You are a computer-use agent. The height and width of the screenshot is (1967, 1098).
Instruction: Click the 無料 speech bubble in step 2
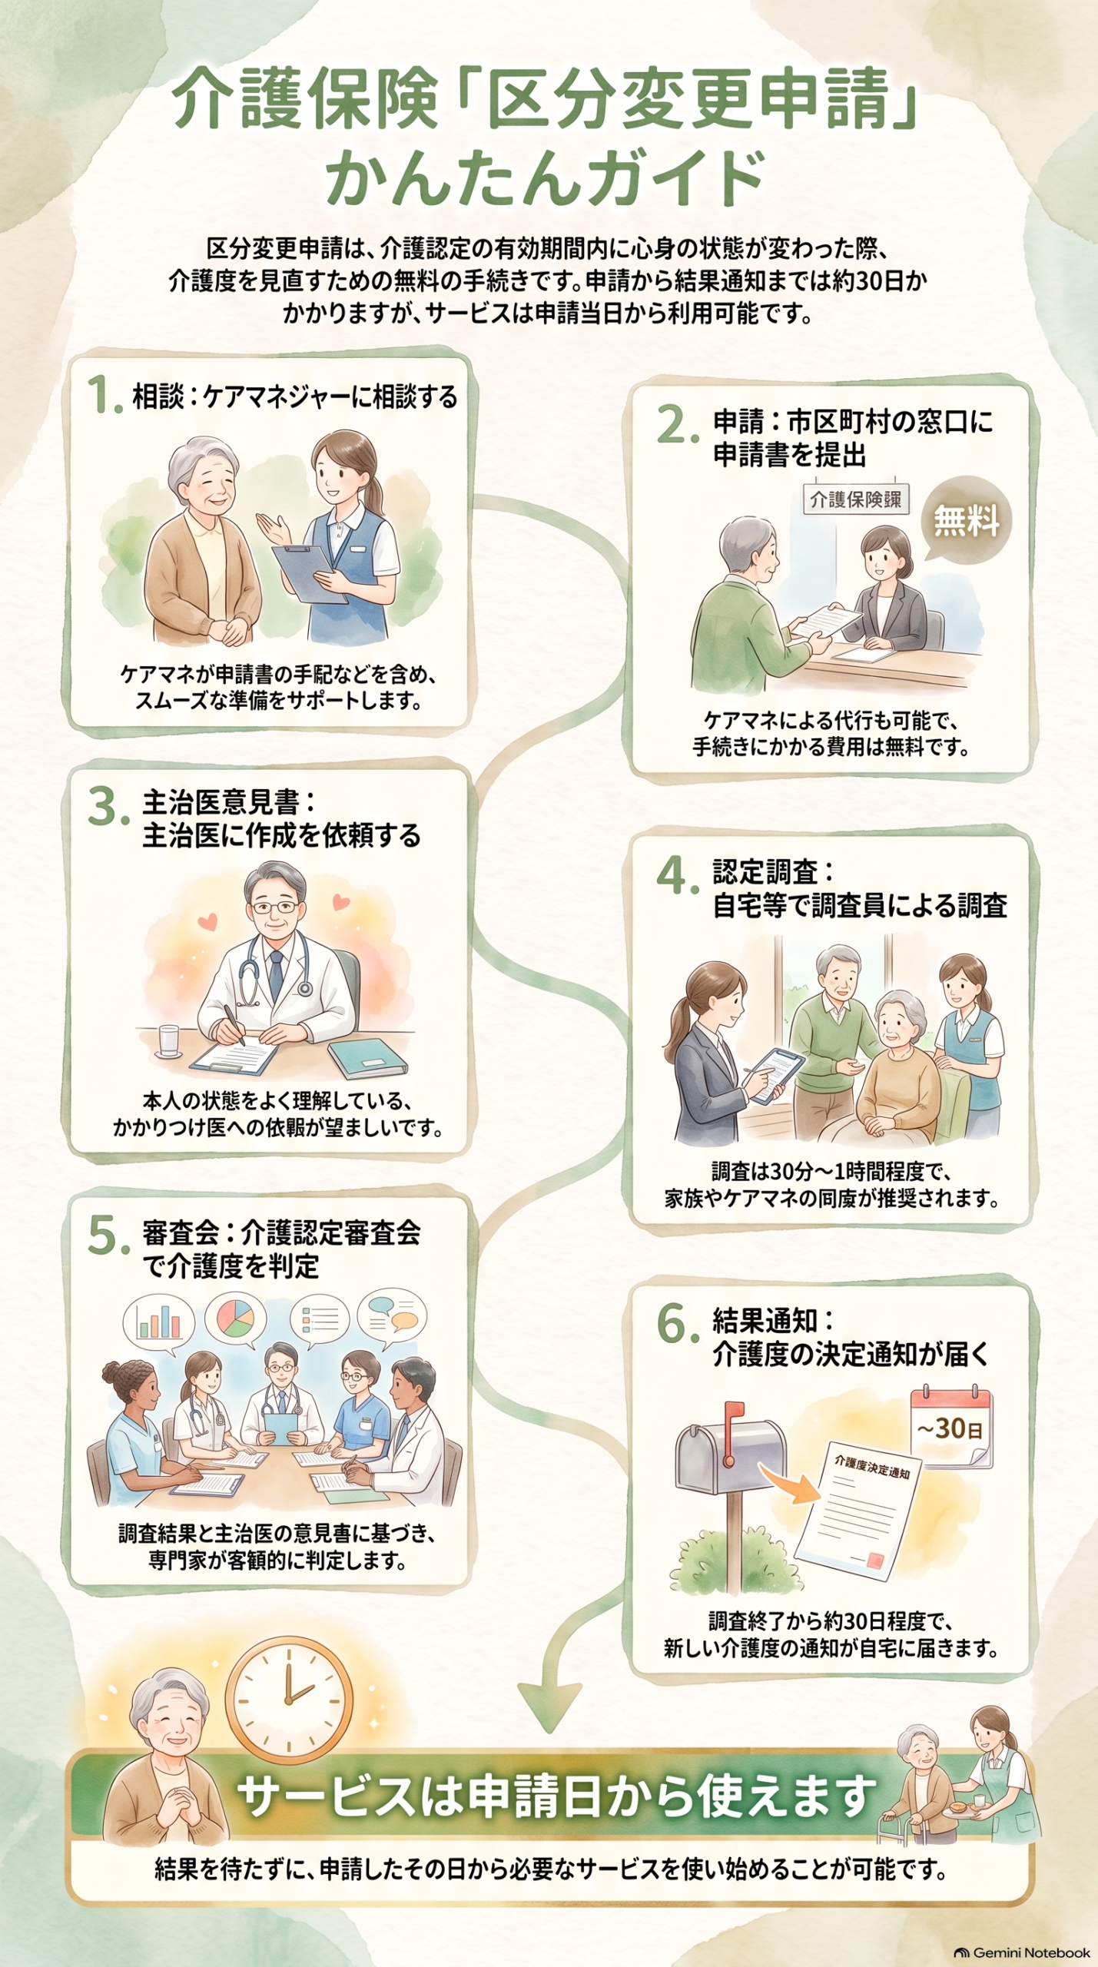(x=966, y=520)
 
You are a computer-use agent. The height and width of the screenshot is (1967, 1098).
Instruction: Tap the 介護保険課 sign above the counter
(x=855, y=499)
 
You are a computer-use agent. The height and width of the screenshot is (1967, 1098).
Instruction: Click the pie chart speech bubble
(x=236, y=1319)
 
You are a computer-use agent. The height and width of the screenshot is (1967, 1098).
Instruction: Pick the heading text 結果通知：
(x=773, y=1321)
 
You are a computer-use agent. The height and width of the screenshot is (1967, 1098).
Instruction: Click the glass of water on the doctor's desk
(x=168, y=1042)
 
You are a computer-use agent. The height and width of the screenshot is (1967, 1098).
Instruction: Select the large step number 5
(x=107, y=1236)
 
